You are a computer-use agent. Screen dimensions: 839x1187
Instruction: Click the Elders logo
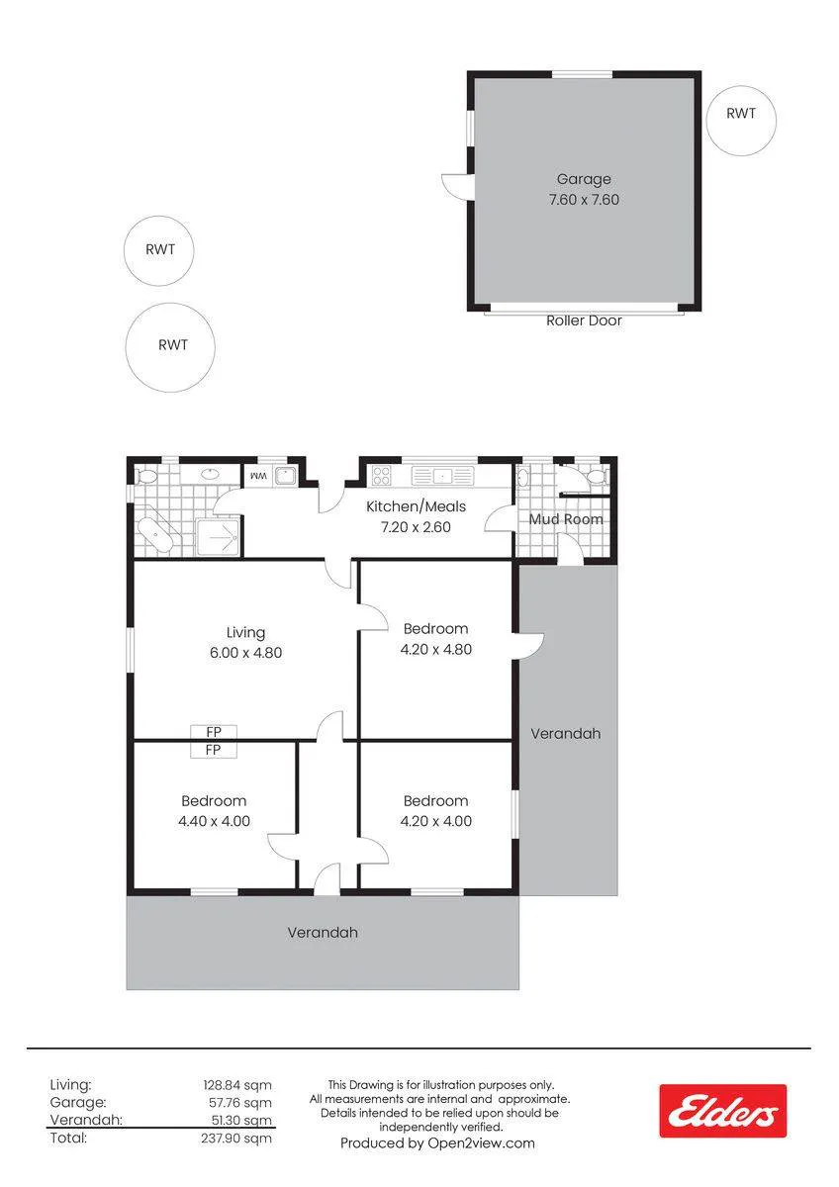point(722,1111)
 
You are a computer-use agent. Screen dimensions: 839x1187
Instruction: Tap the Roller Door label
point(584,320)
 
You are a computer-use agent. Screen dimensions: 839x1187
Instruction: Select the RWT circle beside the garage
point(741,122)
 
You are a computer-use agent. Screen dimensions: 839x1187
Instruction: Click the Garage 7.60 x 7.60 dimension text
point(584,200)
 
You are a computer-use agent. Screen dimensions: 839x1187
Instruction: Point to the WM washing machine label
point(258,476)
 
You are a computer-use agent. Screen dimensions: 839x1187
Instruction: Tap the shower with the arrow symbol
point(219,537)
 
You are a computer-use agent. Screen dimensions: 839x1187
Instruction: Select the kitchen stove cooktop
point(382,476)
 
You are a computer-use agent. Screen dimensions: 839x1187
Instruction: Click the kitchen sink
point(442,476)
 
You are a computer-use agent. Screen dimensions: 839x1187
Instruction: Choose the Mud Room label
point(566,519)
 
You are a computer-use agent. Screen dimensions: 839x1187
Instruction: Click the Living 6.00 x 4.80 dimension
point(246,652)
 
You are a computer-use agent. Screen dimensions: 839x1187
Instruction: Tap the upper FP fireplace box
point(214,732)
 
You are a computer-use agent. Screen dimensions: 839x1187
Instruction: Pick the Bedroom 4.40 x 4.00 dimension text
point(214,821)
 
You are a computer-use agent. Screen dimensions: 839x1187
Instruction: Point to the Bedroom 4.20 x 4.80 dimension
point(435,649)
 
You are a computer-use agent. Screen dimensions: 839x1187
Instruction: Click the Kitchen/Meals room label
point(417,506)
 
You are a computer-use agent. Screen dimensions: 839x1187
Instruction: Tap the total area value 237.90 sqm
point(236,1139)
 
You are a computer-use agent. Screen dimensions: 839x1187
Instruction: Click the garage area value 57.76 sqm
point(240,1103)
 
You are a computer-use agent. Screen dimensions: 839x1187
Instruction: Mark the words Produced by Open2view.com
point(437,1143)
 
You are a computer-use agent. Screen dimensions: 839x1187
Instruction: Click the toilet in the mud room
point(598,477)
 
